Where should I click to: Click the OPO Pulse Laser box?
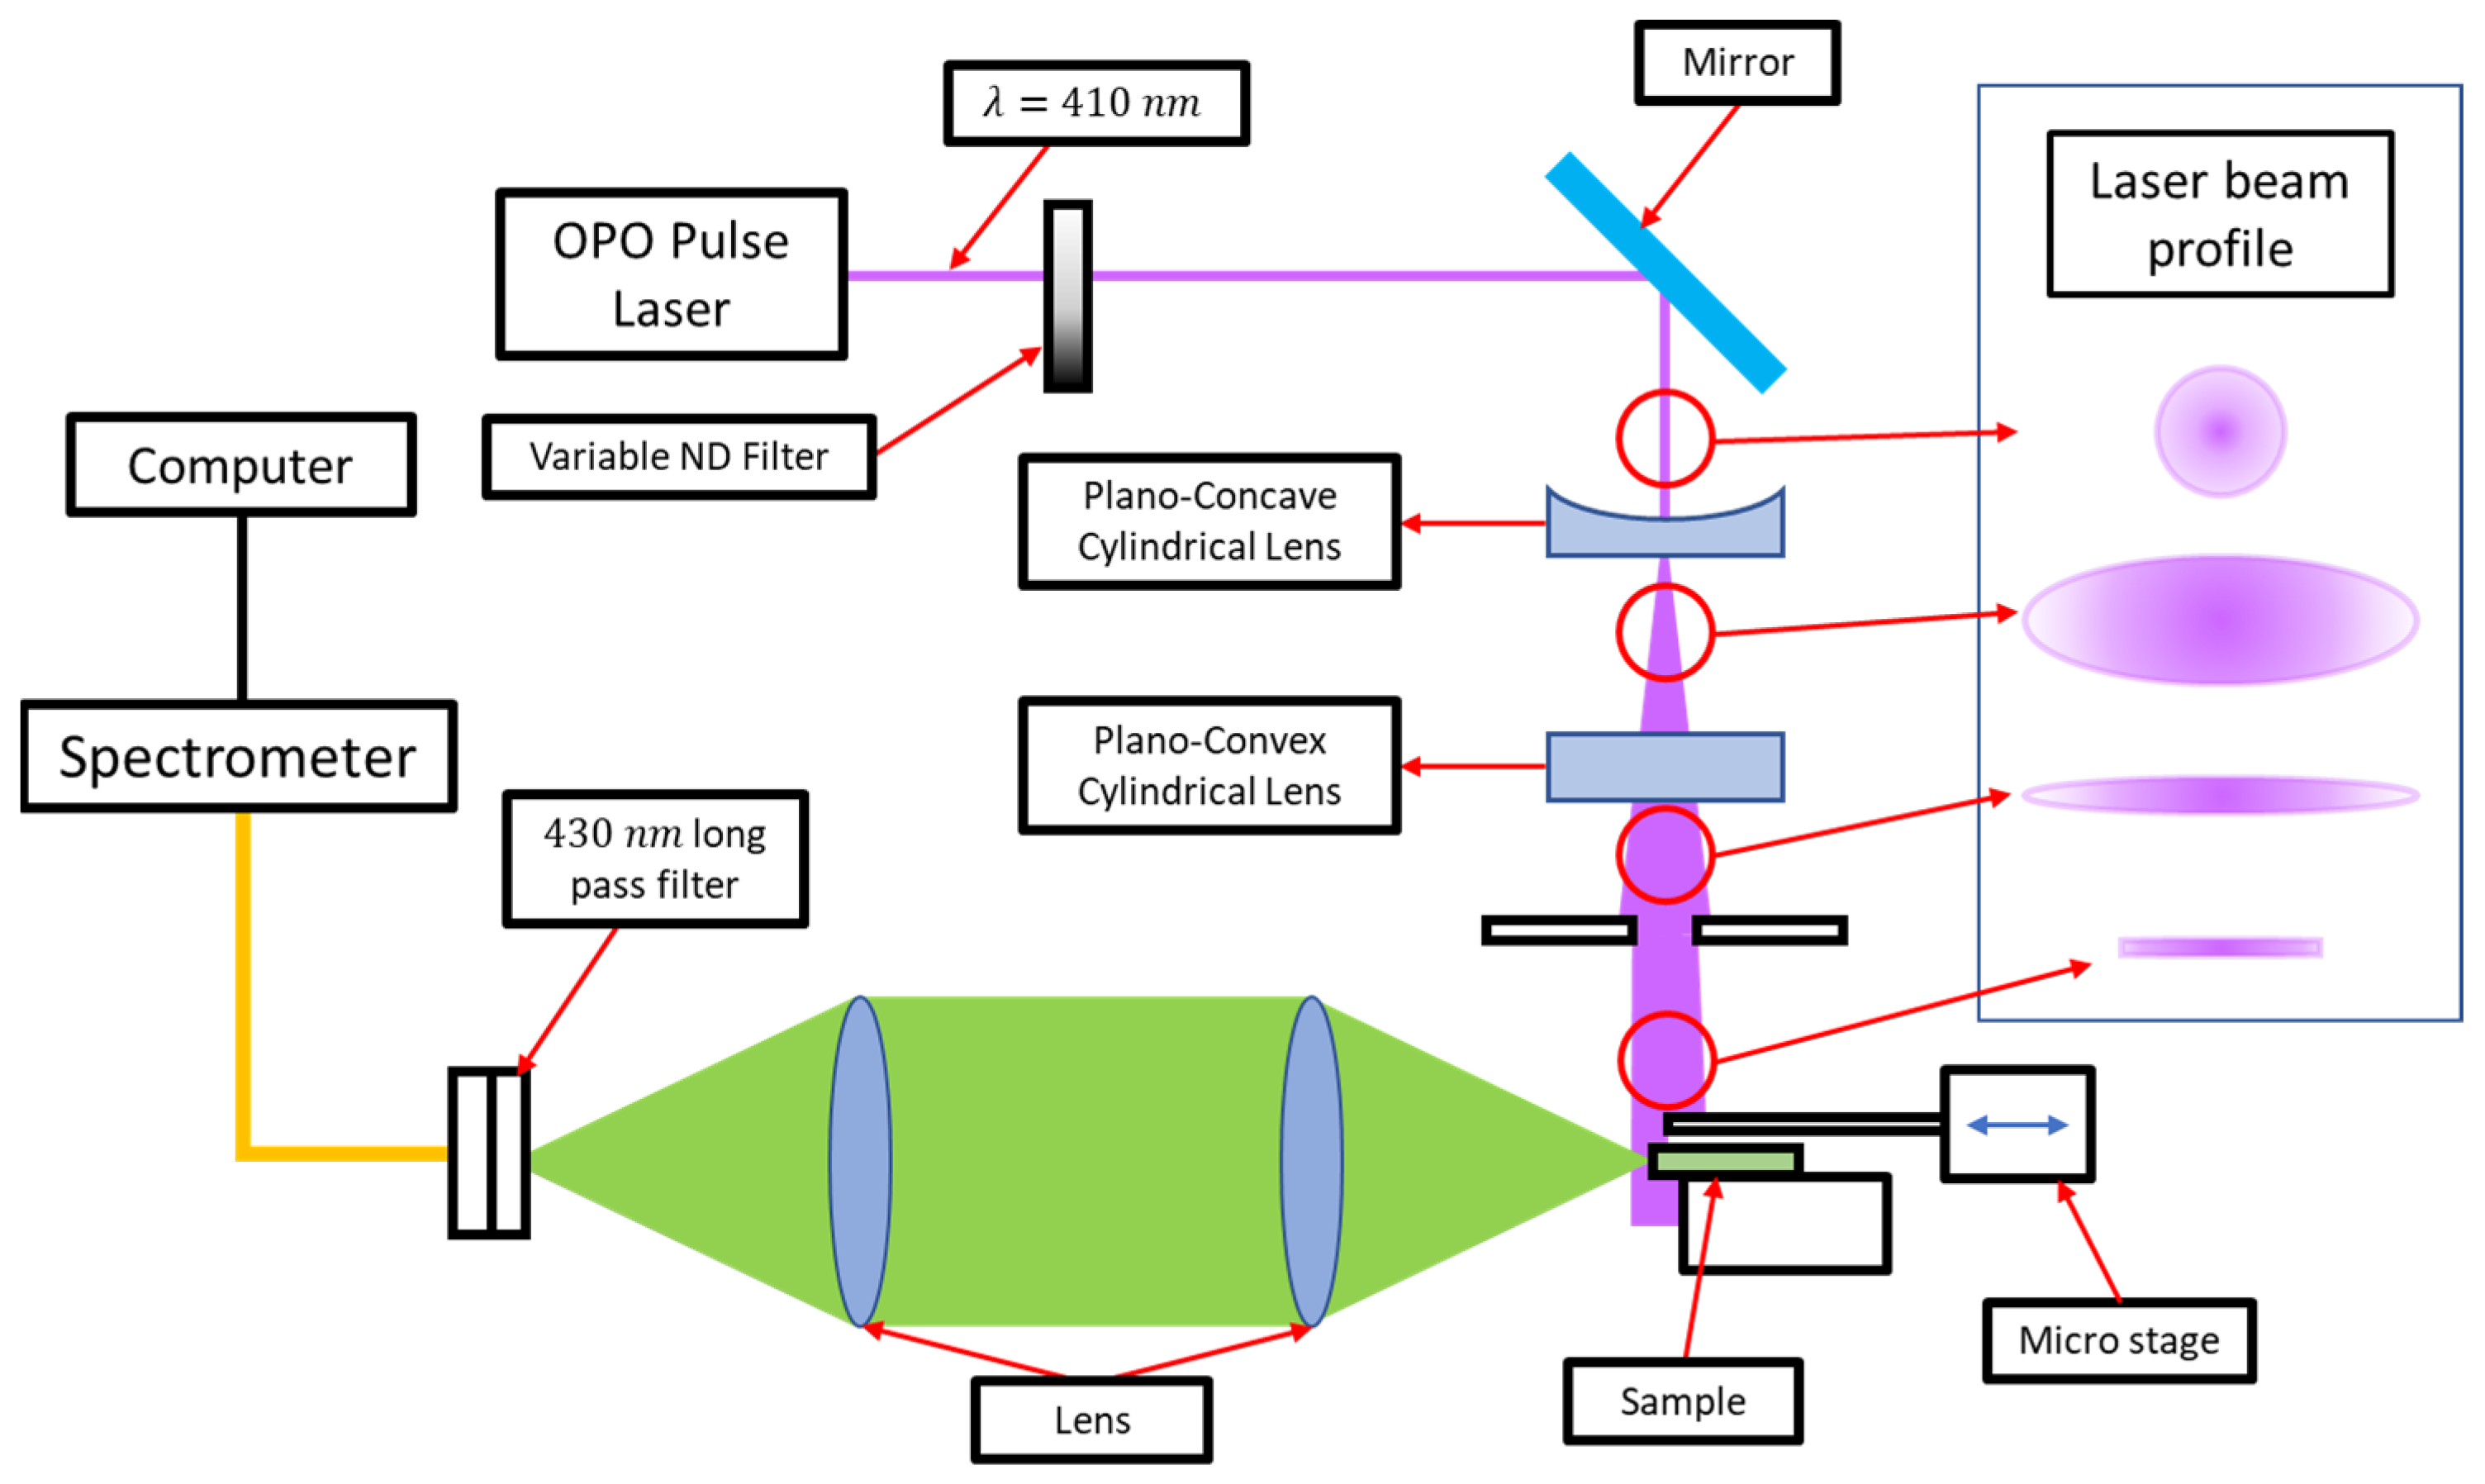(671, 274)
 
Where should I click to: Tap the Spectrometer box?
(238, 756)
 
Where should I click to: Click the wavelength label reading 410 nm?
(1095, 103)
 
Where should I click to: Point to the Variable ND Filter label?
(679, 457)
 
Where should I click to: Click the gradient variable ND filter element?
(1067, 296)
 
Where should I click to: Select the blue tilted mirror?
(1665, 272)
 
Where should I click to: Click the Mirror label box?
(1737, 63)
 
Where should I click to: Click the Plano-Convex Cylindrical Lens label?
(1209, 766)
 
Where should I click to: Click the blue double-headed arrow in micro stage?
(2017, 1125)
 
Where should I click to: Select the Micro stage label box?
(2118, 1340)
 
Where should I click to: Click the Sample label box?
(1682, 1401)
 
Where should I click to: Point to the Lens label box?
(1091, 1420)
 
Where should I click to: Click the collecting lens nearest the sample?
(1310, 1161)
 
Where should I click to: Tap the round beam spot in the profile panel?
(2219, 431)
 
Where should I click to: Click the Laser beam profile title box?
(2219, 214)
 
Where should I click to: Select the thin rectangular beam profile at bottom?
(2219, 947)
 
